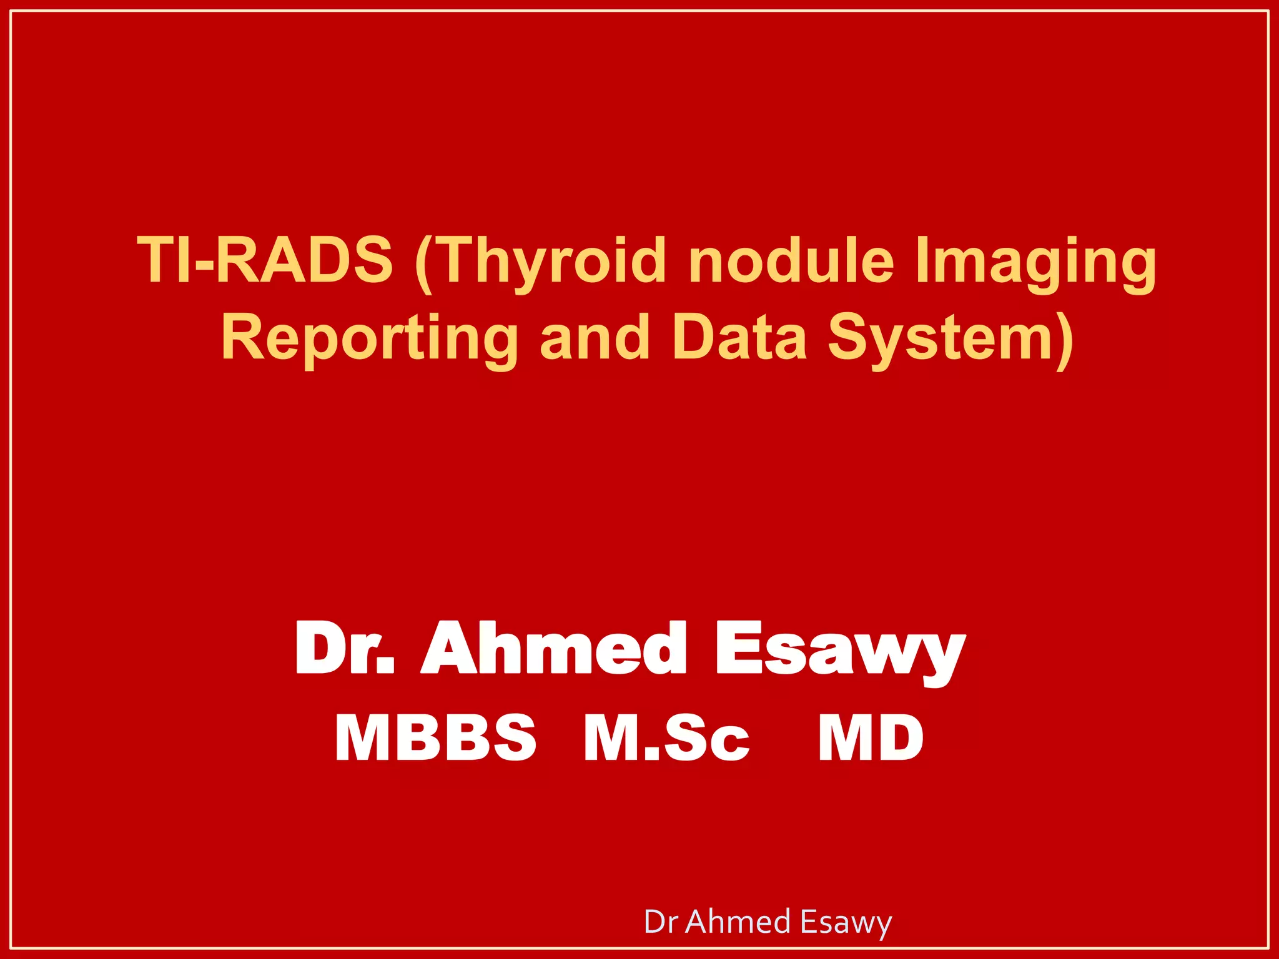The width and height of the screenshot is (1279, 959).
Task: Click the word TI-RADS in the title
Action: coord(265,259)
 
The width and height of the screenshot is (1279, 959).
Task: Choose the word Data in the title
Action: coord(740,337)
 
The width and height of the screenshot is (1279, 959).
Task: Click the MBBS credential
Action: coord(435,737)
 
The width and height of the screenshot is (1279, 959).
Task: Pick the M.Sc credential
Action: coord(666,737)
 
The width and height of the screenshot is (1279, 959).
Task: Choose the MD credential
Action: coord(871,737)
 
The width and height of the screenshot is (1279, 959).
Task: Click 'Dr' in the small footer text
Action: coord(661,922)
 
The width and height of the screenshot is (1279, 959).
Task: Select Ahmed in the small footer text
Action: coord(738,922)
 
